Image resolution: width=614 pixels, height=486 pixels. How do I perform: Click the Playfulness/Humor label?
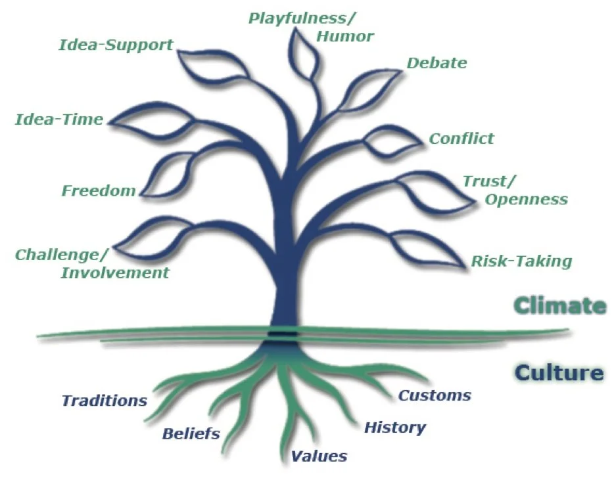(x=310, y=26)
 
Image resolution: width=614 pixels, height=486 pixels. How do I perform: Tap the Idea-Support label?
(x=116, y=45)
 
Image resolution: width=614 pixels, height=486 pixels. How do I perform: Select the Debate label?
(x=437, y=63)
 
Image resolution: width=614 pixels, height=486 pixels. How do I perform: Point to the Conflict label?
(x=461, y=139)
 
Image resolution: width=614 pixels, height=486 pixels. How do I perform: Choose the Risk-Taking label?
(x=521, y=261)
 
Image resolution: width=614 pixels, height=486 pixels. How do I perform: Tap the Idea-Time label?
(x=59, y=120)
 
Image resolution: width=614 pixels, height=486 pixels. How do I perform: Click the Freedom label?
(x=99, y=190)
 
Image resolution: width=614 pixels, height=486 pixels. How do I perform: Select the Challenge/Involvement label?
(x=92, y=263)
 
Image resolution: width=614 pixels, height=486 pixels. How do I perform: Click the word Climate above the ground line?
(x=559, y=305)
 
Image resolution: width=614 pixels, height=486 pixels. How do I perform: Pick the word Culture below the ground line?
(x=559, y=373)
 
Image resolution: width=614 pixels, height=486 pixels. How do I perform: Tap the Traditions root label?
(x=104, y=400)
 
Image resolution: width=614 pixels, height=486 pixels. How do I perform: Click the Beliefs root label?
(x=191, y=433)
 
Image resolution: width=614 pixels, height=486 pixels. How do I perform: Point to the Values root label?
(x=319, y=456)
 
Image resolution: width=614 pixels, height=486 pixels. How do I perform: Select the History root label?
(x=395, y=428)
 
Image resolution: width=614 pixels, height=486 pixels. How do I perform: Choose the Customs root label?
(x=435, y=395)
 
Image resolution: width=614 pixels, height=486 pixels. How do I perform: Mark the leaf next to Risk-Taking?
(x=431, y=250)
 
